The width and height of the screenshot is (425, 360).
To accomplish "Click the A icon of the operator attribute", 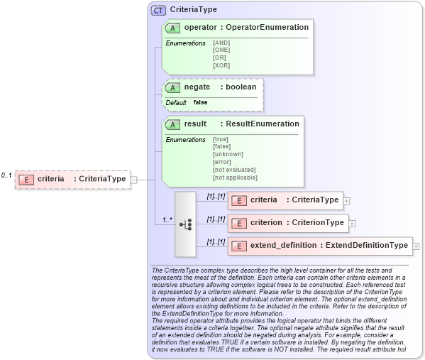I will [x=172, y=28].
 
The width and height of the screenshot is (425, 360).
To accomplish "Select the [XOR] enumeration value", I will [x=221, y=65].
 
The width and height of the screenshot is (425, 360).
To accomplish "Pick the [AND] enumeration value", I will [x=221, y=43].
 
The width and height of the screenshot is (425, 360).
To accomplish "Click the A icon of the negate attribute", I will [x=172, y=87].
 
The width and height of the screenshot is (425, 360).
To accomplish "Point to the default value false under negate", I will [x=201, y=103].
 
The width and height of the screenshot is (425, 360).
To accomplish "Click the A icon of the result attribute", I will [x=172, y=124].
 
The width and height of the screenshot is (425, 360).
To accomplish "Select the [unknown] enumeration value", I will [x=228, y=154].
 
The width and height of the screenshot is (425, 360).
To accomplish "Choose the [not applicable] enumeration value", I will [x=235, y=177].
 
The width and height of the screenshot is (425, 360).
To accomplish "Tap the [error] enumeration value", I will [x=222, y=162].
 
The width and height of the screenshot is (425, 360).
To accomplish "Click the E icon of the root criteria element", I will [x=26, y=179].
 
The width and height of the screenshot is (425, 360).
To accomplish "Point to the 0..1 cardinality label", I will [x=6, y=175].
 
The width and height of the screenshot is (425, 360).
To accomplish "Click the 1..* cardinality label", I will [x=167, y=219].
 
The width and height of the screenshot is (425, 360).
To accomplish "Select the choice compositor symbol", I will [x=185, y=224].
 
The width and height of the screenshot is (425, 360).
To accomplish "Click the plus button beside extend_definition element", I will [x=416, y=246].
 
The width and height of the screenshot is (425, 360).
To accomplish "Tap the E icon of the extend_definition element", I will [x=239, y=246].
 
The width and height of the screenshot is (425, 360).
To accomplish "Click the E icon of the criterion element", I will [x=239, y=223].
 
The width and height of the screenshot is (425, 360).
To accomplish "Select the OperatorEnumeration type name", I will [x=266, y=28].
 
